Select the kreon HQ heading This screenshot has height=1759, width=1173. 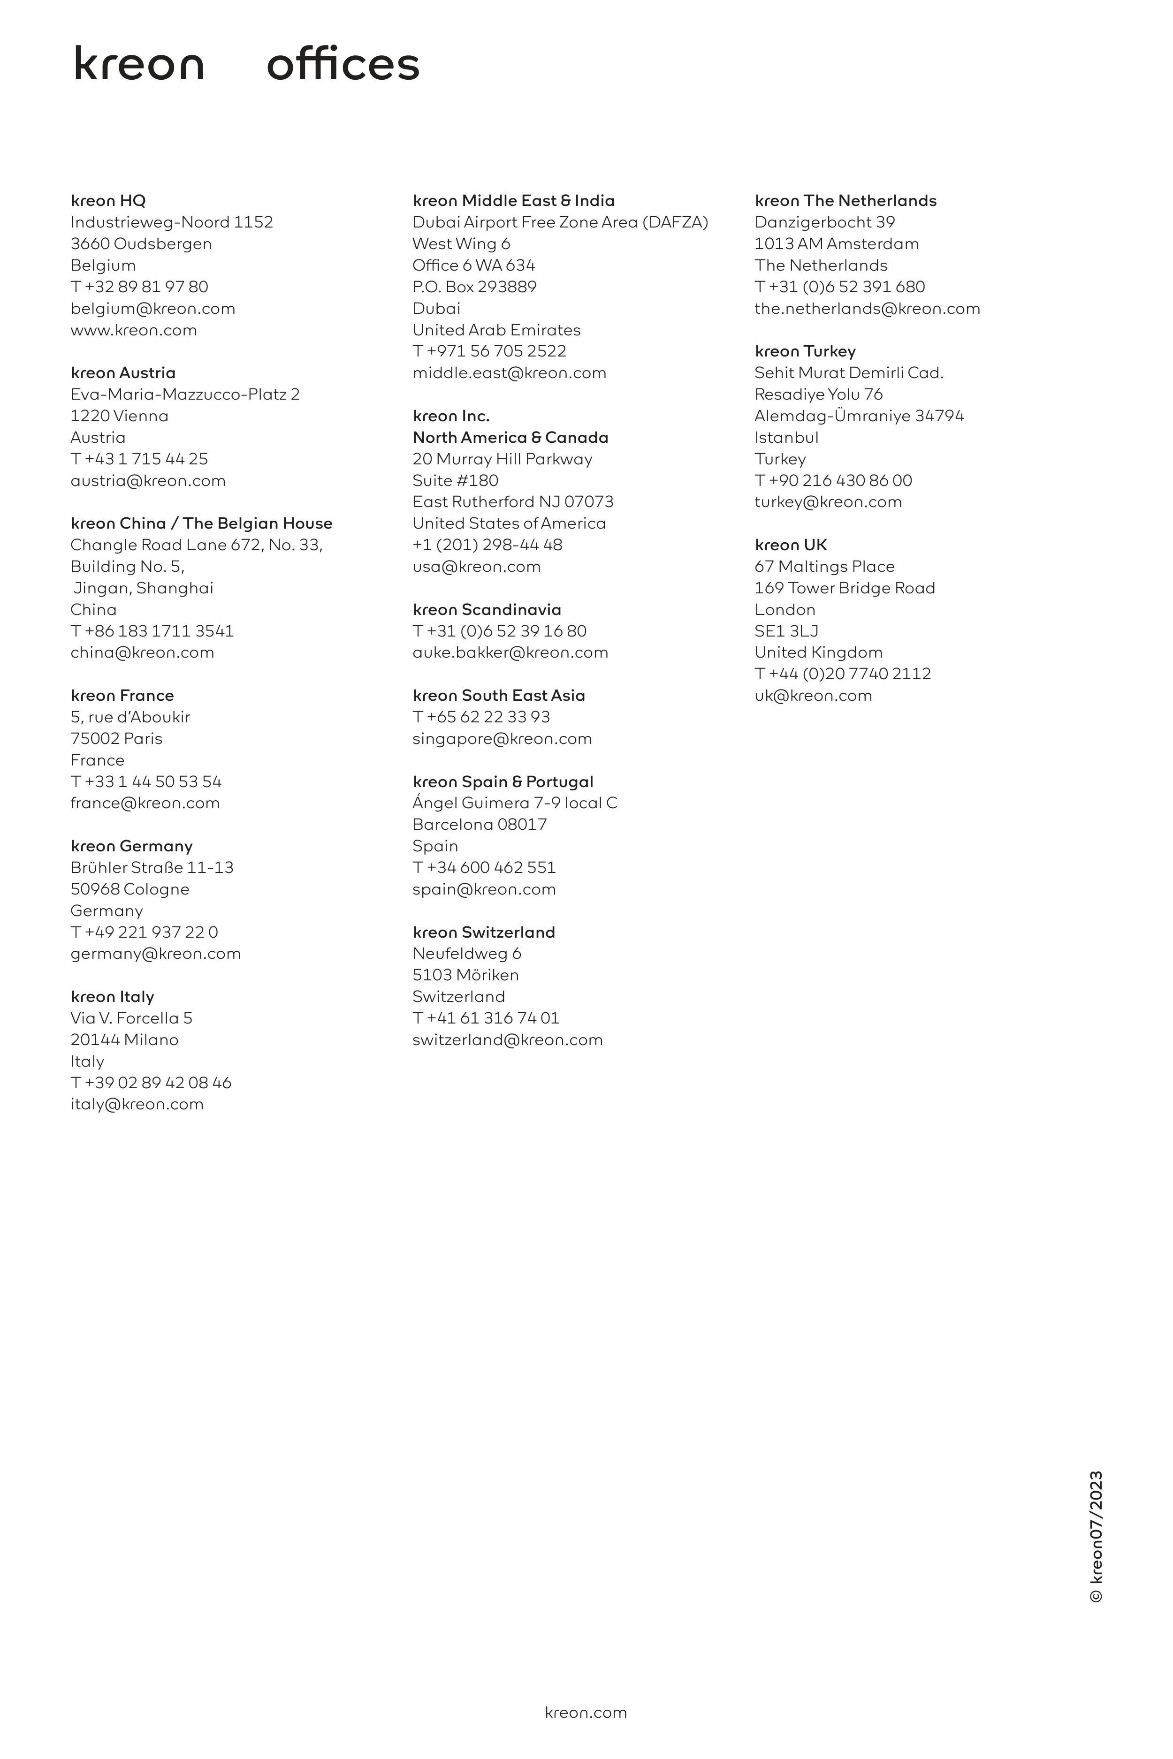pos(108,200)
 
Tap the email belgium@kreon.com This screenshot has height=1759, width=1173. pos(152,308)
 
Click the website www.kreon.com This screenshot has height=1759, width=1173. pos(134,330)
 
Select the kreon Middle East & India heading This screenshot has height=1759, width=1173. pos(513,200)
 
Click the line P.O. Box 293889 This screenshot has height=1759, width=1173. pos(474,287)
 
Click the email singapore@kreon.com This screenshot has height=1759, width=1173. pos(502,738)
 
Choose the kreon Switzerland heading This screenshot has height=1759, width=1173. pos(483,932)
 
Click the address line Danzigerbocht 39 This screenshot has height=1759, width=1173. pos(824,222)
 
